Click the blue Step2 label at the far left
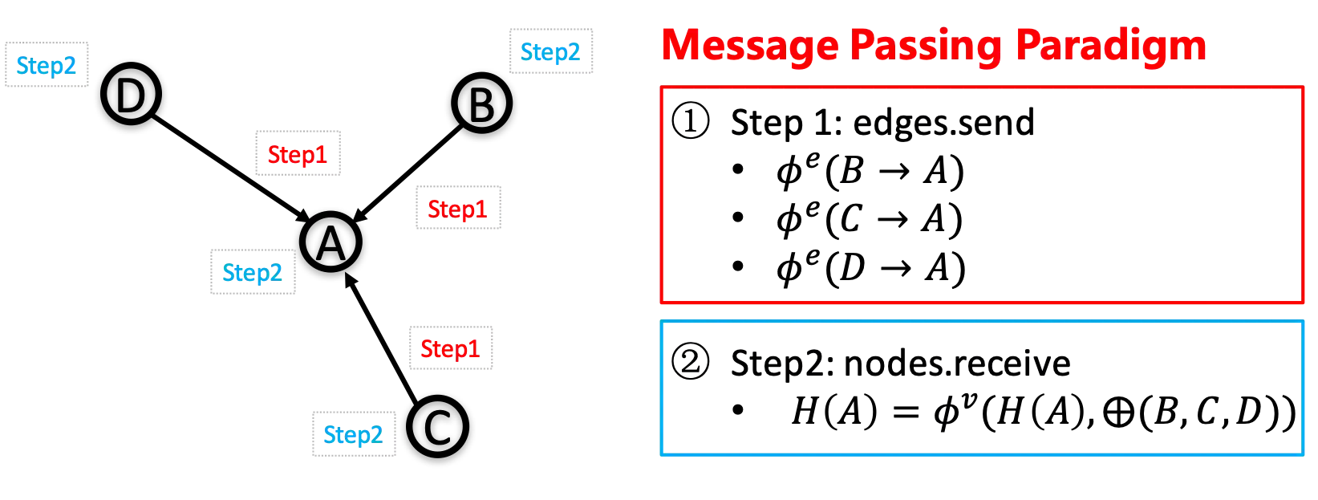pos(45,65)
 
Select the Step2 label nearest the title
pos(551,52)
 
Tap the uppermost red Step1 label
pos(298,153)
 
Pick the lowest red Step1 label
pos(449,348)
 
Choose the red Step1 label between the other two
pos(457,209)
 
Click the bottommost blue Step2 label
pos(353,436)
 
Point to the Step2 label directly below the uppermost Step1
pos(253,273)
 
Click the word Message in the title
pos(748,45)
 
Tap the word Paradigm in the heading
pos(1110,45)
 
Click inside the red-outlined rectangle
pos(982,195)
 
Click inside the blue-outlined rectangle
pos(982,388)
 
